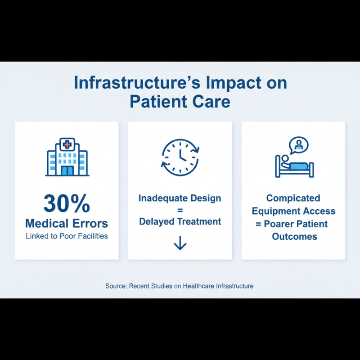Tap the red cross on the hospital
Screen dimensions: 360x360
[x=67, y=145]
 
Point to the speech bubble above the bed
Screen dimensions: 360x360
[x=299, y=145]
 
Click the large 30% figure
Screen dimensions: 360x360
[x=67, y=204]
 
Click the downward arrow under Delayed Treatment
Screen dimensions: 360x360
[x=180, y=243]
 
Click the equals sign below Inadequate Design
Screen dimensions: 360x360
[x=180, y=210]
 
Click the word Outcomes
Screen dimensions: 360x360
[x=294, y=236]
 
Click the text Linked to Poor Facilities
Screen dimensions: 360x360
[x=67, y=236]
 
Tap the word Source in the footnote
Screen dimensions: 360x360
[x=116, y=286]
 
